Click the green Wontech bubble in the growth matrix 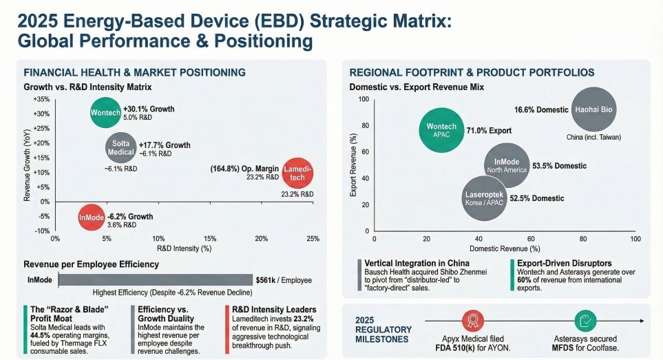pos(105,113)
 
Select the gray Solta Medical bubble pos(120,148)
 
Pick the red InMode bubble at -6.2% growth pos(92,218)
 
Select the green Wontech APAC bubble pos(441,130)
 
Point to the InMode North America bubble pos(506,166)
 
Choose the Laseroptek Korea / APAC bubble pos(484,198)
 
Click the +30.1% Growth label pos(149,109)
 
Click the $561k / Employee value pos(283,280)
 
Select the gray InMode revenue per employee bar pos(154,280)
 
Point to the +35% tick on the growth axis pos(41,99)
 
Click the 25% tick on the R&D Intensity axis pos(313,238)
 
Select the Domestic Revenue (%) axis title pos(504,248)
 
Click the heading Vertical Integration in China pos(417,263)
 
